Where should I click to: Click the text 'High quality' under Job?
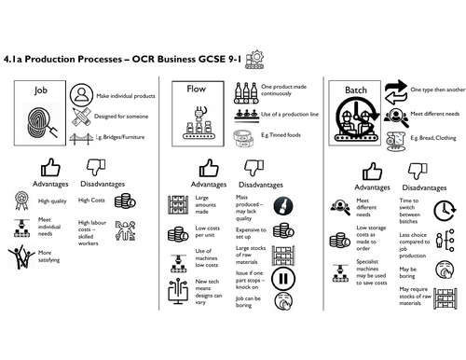pyautogui.click(x=51, y=200)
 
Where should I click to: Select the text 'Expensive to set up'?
pyautogui.click(x=252, y=231)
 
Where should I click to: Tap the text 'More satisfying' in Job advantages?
pyautogui.click(x=52, y=256)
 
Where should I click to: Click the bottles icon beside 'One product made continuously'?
pyautogui.click(x=246, y=93)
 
